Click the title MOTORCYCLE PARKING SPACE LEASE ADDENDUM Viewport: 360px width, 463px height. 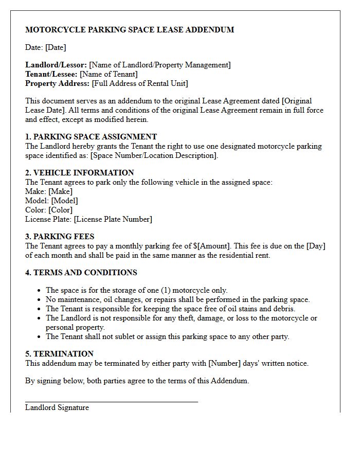pos(130,30)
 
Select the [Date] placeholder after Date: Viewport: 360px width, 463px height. pos(56,47)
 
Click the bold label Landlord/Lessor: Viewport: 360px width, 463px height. pos(56,65)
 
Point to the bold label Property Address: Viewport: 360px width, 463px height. pos(58,83)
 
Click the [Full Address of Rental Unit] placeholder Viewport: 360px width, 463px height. pos(140,83)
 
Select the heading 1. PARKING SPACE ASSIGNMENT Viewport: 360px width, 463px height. pos(91,137)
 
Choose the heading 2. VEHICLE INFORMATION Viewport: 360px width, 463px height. pos(80,173)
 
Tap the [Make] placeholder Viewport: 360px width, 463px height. pos(61,191)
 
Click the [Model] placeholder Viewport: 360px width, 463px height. pos(65,201)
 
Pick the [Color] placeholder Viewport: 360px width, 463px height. pos(61,210)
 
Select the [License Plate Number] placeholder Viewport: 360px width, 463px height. pos(113,219)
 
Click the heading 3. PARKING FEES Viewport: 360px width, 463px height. pos(60,237)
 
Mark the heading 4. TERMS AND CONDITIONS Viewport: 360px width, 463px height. pos(81,273)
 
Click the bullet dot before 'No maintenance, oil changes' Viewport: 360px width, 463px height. pos(40,299)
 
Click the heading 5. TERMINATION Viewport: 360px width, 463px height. pos(60,354)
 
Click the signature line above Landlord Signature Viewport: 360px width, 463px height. pos(112,401)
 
